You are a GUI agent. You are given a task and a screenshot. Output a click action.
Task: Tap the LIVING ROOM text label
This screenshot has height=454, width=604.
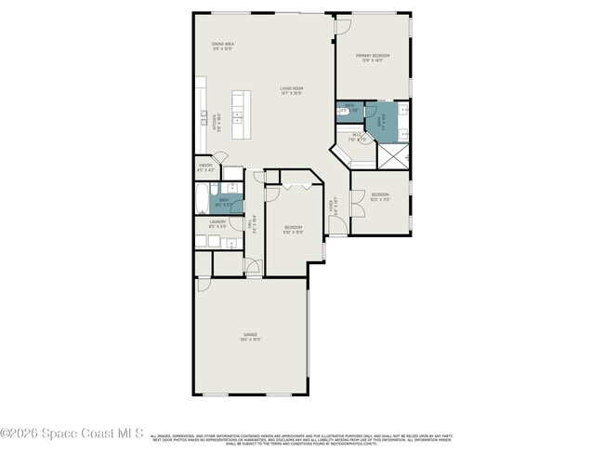(293, 89)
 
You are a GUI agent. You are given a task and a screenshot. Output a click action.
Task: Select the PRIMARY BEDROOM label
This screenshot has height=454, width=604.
(373, 57)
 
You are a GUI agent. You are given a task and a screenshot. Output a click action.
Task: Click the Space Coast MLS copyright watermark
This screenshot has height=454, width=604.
(72, 433)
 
